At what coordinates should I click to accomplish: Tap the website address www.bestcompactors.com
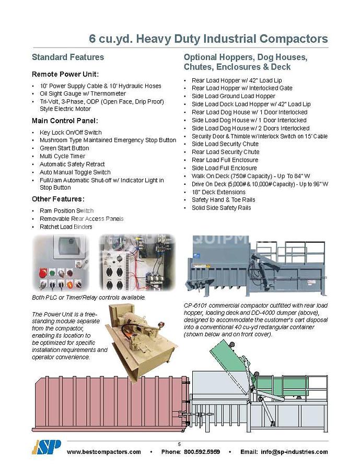[x=104, y=452]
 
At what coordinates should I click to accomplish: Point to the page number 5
[x=179, y=444]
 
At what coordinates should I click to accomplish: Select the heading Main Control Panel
[x=66, y=121]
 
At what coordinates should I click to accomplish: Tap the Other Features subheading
[x=58, y=199]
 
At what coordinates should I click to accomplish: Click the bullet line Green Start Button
[x=64, y=148]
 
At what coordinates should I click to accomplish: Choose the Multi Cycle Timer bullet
[x=62, y=156]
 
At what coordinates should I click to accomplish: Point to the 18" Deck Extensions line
[x=218, y=192]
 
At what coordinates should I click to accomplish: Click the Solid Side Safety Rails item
[x=221, y=208]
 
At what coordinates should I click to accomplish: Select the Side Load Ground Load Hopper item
[x=233, y=96]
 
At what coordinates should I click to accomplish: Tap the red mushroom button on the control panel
[x=43, y=272]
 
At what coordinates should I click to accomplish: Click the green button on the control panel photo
[x=52, y=272]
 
